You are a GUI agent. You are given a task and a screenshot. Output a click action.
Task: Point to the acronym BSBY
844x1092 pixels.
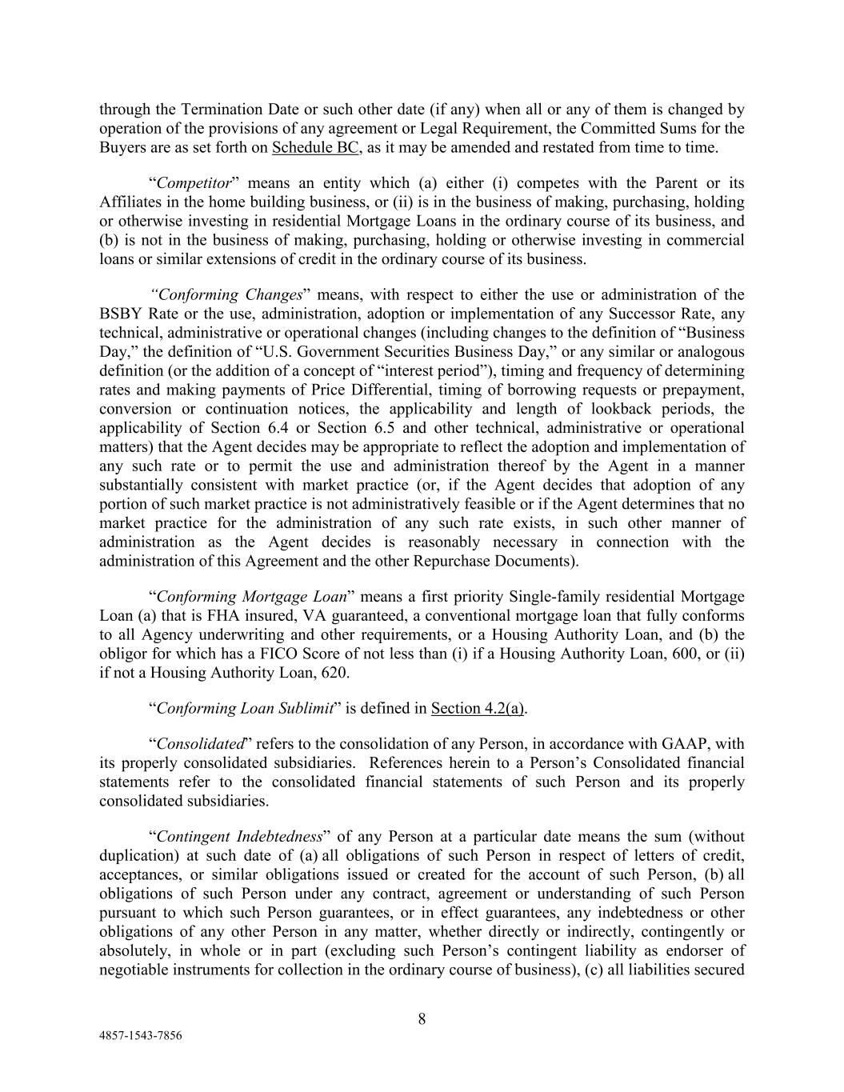(x=122, y=314)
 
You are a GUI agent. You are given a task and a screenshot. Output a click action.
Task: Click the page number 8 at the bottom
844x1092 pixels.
(x=422, y=1018)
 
